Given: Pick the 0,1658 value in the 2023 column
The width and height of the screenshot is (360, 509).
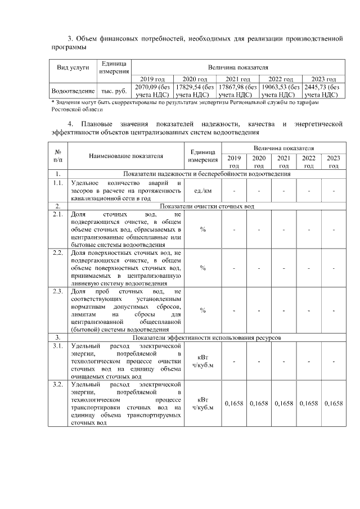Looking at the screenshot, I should (333, 403).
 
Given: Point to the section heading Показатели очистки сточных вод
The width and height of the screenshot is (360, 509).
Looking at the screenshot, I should (207, 206).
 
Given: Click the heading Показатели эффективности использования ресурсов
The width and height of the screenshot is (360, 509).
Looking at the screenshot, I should (207, 337).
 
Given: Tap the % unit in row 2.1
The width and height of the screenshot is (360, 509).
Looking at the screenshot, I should (202, 229).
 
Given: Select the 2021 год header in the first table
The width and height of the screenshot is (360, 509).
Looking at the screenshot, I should (237, 79).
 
